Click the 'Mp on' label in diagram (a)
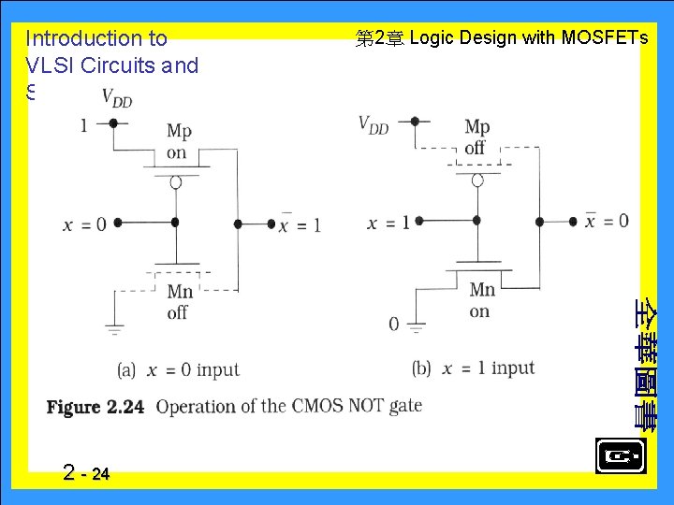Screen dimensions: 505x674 pyautogui.click(x=177, y=142)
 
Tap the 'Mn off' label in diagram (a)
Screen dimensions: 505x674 pyautogui.click(x=178, y=302)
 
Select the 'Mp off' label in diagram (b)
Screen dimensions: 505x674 pyautogui.click(x=476, y=137)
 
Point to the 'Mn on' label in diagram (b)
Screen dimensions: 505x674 pyautogui.click(x=481, y=300)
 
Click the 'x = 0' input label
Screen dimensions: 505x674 pyautogui.click(x=84, y=224)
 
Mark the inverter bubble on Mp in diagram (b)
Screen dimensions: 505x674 pyautogui.click(x=477, y=179)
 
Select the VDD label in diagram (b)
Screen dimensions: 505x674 pyautogui.click(x=374, y=124)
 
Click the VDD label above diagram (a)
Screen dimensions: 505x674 pyautogui.click(x=117, y=96)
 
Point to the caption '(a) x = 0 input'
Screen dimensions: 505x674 pyautogui.click(x=179, y=370)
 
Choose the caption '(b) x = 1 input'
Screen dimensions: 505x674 pyautogui.click(x=473, y=368)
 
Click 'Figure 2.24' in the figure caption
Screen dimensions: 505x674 pyautogui.click(x=96, y=407)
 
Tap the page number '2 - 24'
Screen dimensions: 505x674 pyautogui.click(x=87, y=472)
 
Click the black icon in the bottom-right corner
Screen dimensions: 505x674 pyautogui.click(x=620, y=456)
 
